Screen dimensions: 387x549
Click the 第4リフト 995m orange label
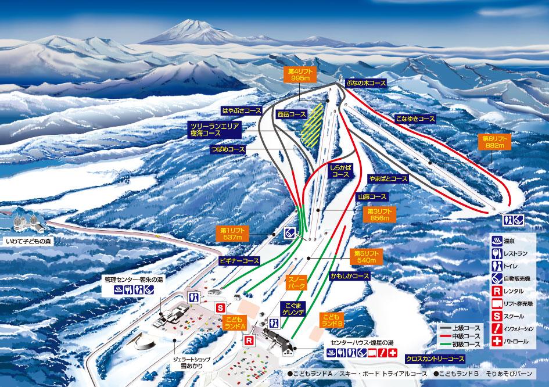point(299,74)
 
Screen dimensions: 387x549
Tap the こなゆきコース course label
point(415,119)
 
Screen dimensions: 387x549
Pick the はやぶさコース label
point(241,110)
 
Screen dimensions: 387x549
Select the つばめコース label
point(228,149)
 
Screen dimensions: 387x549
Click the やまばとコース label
point(388,179)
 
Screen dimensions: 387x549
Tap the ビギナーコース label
point(239,261)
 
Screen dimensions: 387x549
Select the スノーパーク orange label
point(297,282)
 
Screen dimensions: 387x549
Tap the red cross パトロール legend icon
point(497,341)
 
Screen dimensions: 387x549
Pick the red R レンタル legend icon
point(497,291)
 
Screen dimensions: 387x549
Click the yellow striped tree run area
point(311,124)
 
